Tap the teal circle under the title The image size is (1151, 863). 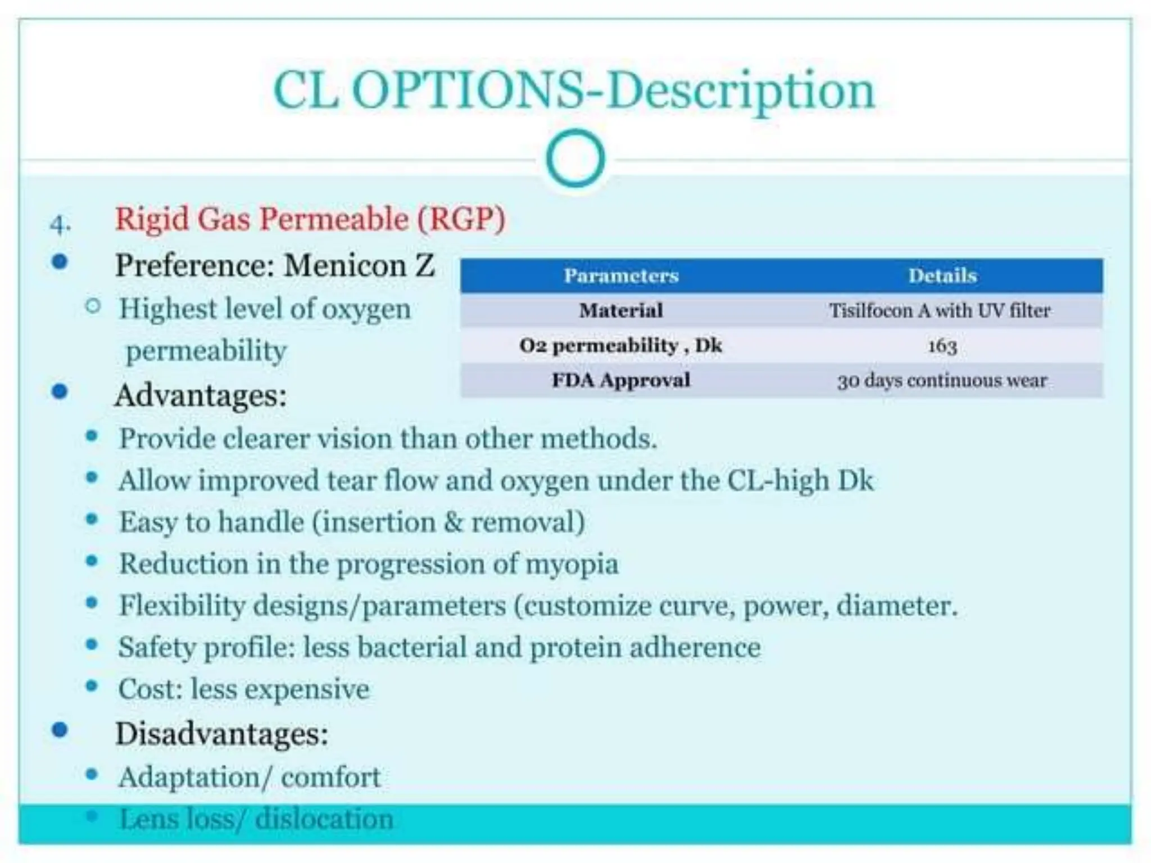tap(575, 158)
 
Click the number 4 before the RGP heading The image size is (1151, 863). tap(58, 225)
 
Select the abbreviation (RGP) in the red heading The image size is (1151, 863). tap(461, 219)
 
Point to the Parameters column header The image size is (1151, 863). tap(621, 275)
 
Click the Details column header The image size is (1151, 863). tap(942, 275)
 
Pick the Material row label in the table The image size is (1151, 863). tap(621, 310)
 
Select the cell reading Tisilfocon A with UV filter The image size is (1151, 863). tap(940, 310)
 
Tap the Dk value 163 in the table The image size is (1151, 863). tap(942, 345)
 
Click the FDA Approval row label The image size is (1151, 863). tap(621, 380)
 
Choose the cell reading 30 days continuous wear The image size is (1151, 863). tap(942, 381)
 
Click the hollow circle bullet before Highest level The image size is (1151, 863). tap(93, 306)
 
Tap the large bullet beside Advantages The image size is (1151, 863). tap(59, 391)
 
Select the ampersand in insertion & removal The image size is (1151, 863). tap(453, 522)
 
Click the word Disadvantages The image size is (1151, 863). tap(221, 734)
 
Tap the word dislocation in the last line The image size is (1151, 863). tap(324, 819)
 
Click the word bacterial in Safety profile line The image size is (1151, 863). tap(412, 647)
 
